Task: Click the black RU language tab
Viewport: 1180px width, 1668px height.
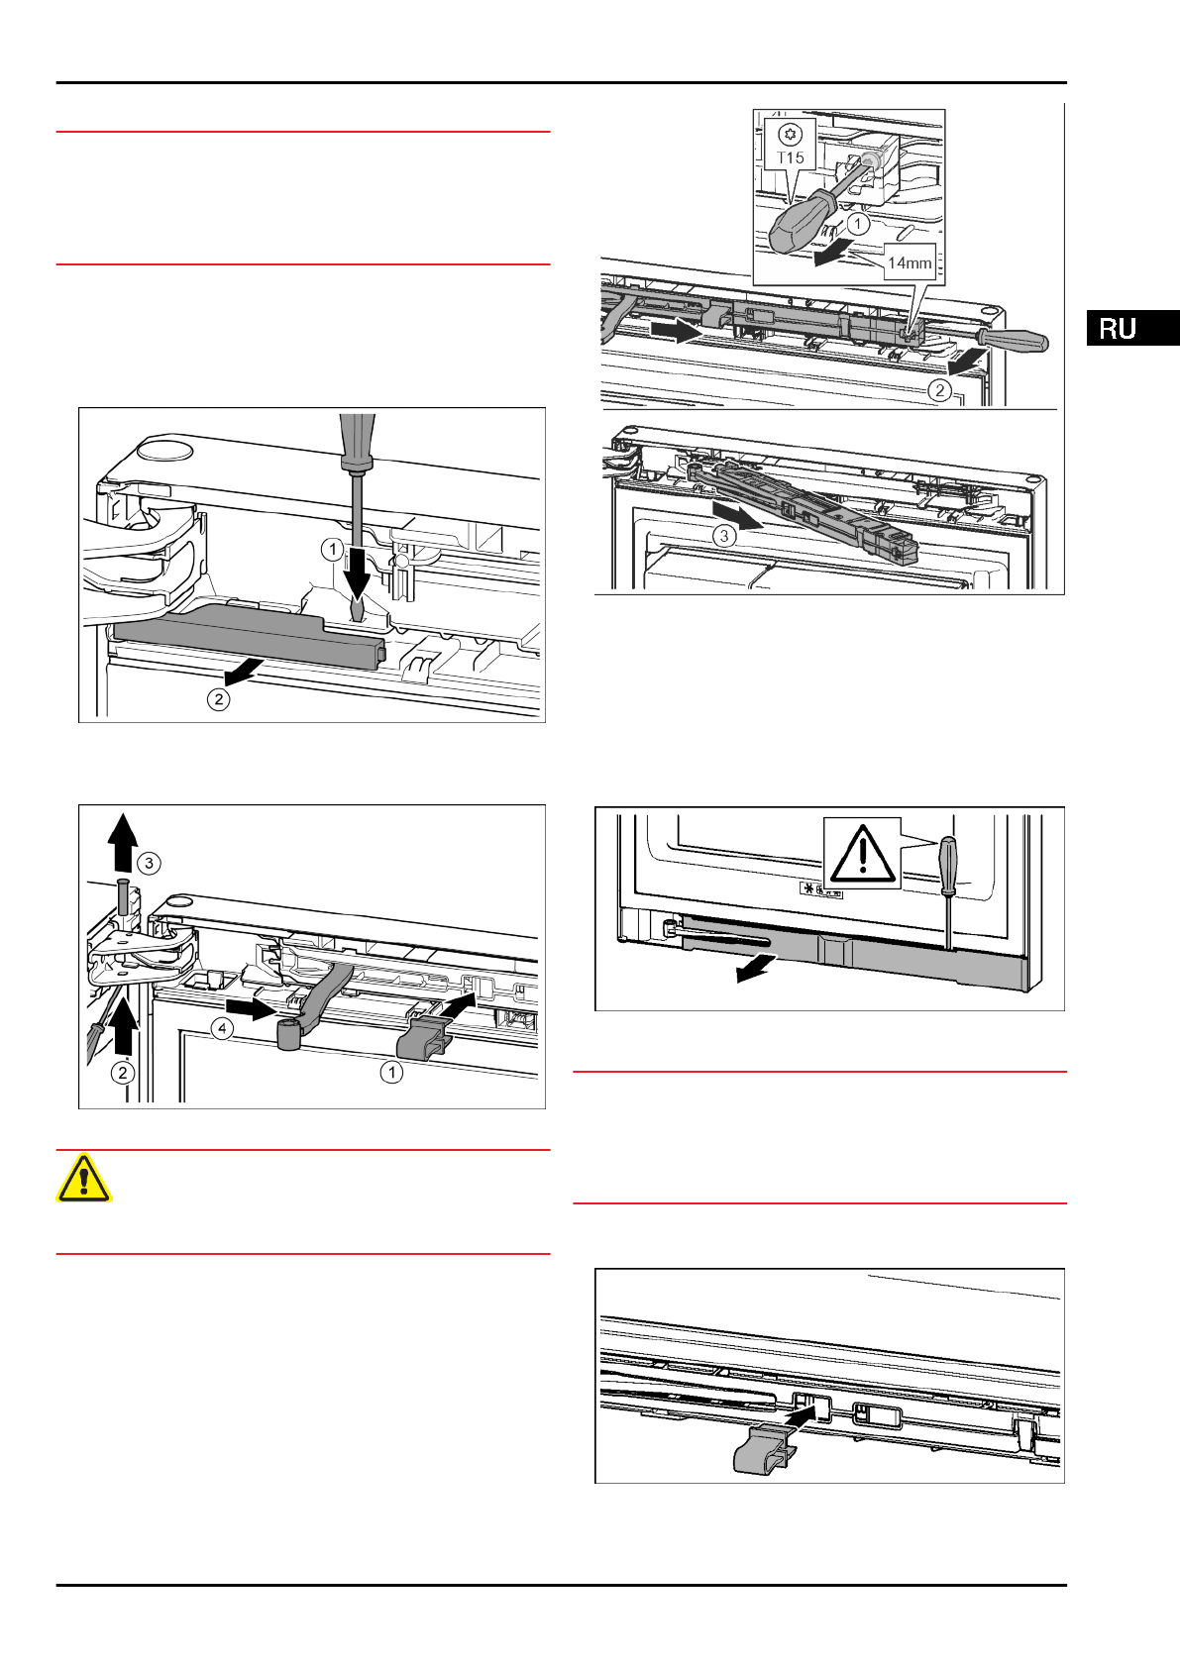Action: (x=1131, y=328)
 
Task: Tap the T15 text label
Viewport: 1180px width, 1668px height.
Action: (x=791, y=157)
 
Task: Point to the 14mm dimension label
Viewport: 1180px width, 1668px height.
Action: (x=909, y=262)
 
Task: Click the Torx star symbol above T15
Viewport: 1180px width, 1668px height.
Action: (x=790, y=134)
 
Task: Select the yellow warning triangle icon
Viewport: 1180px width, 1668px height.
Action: (x=84, y=1179)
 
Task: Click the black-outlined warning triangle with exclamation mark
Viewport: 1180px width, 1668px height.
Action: (x=862, y=854)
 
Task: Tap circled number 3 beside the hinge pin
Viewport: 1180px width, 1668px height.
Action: (x=148, y=864)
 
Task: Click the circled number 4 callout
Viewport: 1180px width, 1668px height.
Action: (x=223, y=1029)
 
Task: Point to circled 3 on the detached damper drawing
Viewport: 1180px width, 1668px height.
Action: (x=724, y=536)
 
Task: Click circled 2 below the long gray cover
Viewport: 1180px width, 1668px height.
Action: (x=218, y=699)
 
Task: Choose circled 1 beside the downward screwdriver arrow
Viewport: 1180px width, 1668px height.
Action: (x=332, y=549)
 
